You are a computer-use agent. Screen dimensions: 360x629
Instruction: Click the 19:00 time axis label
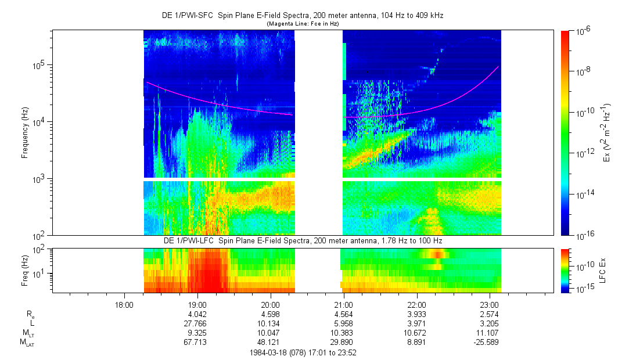[x=197, y=304]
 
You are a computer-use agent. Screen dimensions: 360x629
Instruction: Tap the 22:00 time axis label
[x=416, y=304]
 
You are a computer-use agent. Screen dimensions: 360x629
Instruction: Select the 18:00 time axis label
[x=124, y=304]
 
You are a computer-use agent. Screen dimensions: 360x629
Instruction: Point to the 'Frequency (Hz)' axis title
[x=25, y=132]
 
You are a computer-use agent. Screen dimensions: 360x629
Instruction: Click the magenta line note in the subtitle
[x=302, y=23]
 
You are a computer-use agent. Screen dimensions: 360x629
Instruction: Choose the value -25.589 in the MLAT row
[x=488, y=342]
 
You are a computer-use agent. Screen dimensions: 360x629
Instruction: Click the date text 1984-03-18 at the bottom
[x=268, y=352]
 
